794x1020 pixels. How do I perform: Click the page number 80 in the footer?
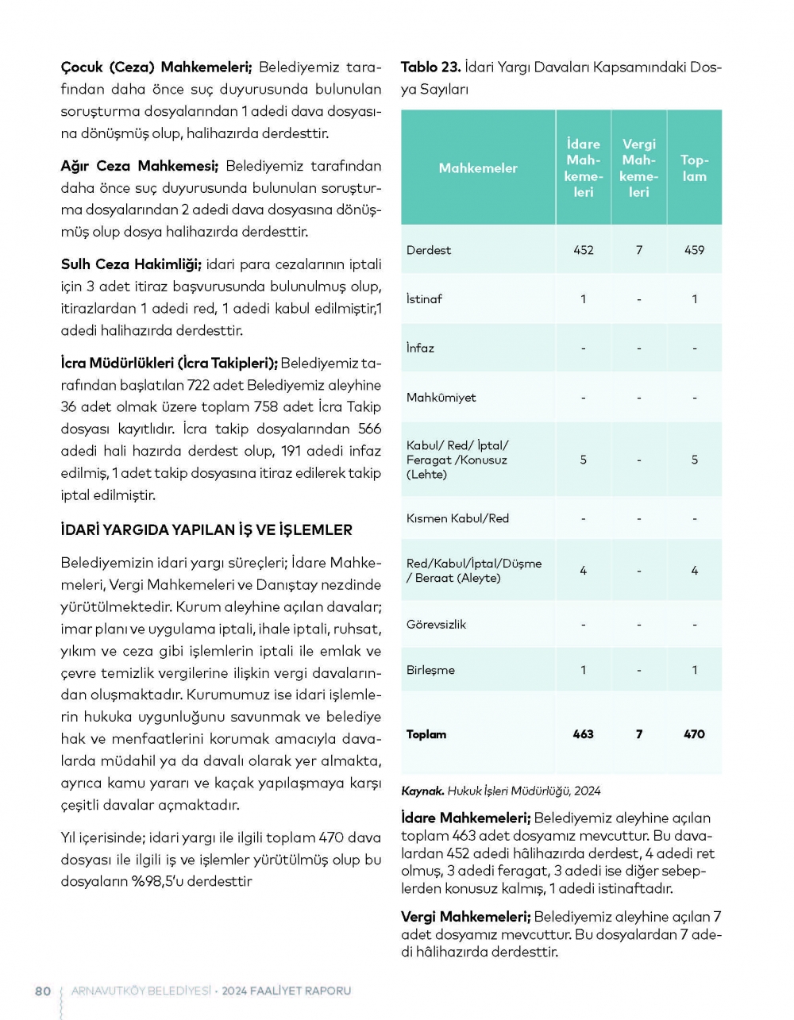click(x=43, y=991)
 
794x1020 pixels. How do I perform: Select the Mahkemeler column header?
click(x=478, y=168)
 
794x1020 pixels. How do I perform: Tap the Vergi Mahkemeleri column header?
click(x=639, y=167)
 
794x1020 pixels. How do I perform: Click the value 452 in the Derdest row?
click(x=584, y=250)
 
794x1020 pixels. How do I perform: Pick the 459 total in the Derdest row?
click(x=694, y=250)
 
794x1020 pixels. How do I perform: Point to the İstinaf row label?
click(x=424, y=299)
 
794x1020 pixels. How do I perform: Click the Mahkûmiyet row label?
click(x=441, y=398)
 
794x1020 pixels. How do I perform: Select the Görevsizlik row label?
click(x=436, y=625)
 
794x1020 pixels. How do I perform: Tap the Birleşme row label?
click(x=430, y=670)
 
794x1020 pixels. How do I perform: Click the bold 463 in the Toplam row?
click(x=584, y=734)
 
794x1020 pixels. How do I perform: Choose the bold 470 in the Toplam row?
click(x=694, y=734)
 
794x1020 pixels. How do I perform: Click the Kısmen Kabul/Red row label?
click(x=457, y=518)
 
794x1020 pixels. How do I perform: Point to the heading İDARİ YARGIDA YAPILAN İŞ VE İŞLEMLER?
click(x=206, y=530)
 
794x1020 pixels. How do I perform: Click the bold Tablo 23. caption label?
click(x=430, y=67)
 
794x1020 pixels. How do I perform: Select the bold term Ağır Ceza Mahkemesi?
click(x=139, y=166)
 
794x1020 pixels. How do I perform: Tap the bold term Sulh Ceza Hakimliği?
click(x=131, y=264)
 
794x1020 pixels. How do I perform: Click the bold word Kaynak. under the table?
click(x=422, y=791)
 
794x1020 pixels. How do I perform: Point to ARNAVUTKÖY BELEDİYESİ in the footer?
click(x=141, y=991)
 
